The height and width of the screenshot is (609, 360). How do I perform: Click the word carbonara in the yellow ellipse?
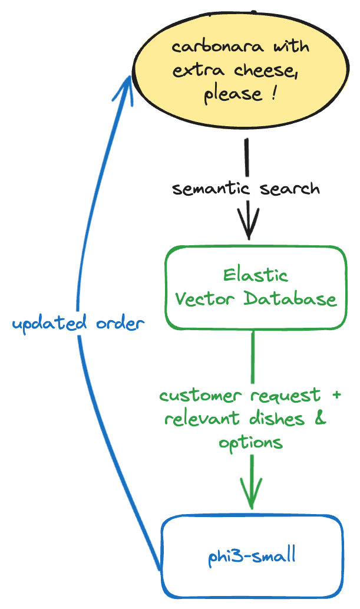200,47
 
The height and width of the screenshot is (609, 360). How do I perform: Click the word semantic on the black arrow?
206,189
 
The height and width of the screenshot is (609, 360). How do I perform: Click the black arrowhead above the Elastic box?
248,226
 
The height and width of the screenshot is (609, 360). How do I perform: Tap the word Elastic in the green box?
256,275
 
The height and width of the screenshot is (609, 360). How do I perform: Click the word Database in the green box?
290,299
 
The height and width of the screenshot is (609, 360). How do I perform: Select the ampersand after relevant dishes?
321,419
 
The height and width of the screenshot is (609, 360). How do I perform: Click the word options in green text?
252,443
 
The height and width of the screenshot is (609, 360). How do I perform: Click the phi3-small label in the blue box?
252,556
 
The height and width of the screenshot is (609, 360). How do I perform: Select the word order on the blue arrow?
117,324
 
